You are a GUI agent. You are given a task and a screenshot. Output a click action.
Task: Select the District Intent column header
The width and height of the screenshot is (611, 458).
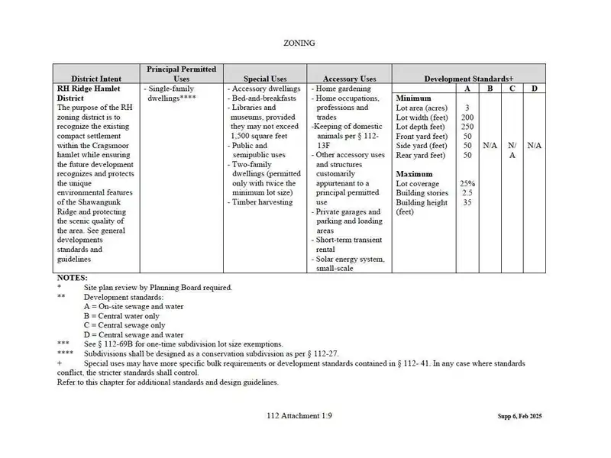click(96, 79)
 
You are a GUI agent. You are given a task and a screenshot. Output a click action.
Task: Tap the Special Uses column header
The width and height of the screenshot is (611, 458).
click(265, 79)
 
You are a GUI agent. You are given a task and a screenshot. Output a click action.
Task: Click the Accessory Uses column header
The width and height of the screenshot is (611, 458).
click(349, 79)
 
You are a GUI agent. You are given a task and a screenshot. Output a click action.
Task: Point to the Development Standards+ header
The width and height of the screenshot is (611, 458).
click(469, 79)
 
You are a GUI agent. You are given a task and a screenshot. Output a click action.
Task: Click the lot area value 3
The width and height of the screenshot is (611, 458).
click(467, 108)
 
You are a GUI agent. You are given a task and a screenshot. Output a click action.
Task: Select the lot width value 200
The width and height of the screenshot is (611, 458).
click(467, 118)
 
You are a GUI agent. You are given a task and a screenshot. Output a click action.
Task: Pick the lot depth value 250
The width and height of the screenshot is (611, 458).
click(467, 127)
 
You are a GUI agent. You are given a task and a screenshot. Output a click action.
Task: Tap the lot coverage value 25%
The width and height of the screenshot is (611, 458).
click(467, 184)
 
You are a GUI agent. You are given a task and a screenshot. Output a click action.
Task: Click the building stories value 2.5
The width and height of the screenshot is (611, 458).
click(467, 193)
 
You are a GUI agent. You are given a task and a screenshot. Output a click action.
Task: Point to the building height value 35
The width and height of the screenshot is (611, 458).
click(467, 202)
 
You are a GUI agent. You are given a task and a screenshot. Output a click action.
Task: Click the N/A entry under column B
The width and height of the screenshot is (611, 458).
click(490, 145)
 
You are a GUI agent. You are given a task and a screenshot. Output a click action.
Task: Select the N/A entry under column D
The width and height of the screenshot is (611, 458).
click(535, 145)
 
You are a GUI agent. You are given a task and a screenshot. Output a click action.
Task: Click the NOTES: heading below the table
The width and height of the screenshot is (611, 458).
click(73, 278)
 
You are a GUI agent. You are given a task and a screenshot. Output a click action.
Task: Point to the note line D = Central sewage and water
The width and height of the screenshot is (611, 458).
click(134, 334)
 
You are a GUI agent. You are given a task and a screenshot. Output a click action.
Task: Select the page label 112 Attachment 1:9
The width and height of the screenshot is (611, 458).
click(299, 416)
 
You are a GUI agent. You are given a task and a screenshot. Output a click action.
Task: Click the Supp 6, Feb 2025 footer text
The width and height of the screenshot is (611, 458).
click(513, 417)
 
